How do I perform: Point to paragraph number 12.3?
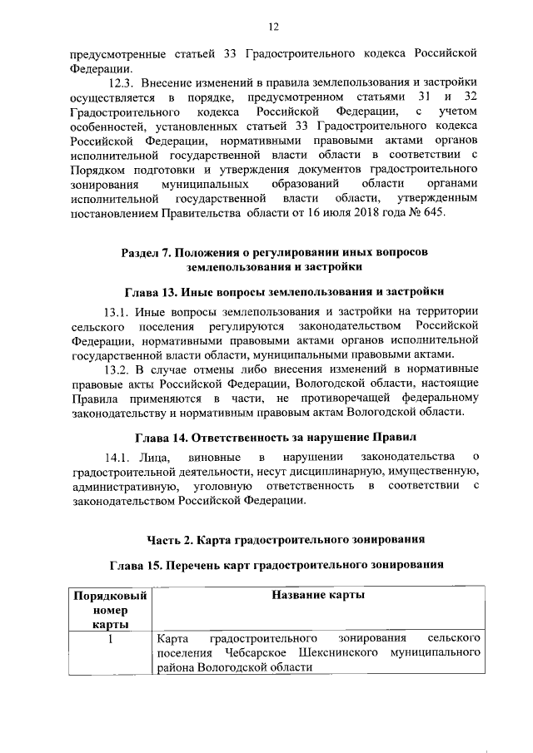122,83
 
